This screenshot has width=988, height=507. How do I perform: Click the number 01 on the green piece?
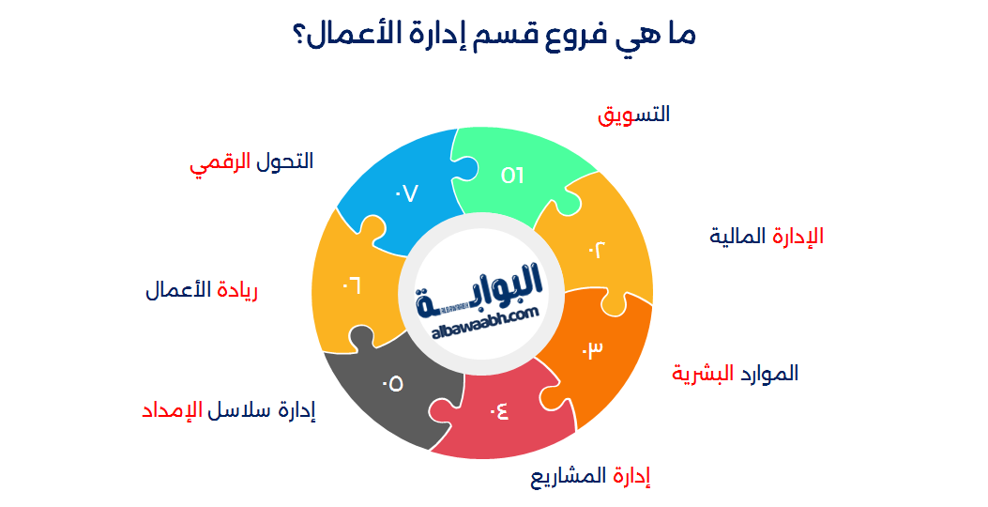tap(512, 175)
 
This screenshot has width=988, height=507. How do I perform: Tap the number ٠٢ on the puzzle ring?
tap(598, 249)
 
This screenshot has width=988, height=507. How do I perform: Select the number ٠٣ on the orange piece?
tap(592, 349)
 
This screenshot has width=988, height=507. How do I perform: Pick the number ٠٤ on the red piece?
tap(498, 410)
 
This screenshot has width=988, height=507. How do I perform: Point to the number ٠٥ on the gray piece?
tap(392, 383)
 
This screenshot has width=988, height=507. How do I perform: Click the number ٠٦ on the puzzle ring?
tap(352, 283)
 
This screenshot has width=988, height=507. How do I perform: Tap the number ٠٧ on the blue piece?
tap(405, 193)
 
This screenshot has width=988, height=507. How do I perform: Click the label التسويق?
tap(634, 115)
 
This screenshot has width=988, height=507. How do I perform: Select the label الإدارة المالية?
tap(767, 236)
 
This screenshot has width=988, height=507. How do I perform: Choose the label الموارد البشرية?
tap(735, 373)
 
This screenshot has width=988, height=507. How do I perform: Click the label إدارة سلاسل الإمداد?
tap(228, 411)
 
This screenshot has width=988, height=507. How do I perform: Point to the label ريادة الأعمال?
tap(201, 290)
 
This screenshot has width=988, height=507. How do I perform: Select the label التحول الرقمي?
tap(251, 161)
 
